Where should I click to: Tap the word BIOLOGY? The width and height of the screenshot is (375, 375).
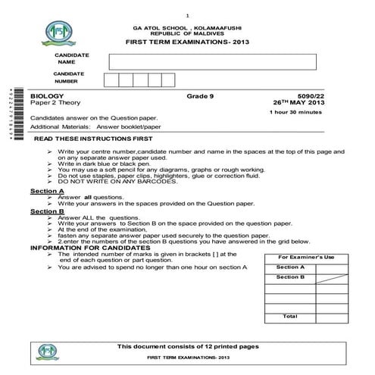[x=45, y=96]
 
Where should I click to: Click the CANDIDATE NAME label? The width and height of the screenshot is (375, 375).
[x=71, y=58]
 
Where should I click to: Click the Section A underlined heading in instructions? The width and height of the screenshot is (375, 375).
[x=46, y=191]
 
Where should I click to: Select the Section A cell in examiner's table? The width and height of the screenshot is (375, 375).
[x=290, y=267]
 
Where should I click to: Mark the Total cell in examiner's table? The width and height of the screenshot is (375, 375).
[x=290, y=317]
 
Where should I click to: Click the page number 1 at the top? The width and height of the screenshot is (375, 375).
[x=187, y=16]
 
